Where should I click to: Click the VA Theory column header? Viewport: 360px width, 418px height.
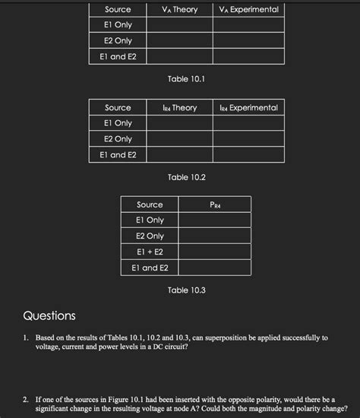[x=179, y=10]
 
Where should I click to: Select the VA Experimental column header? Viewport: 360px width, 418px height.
[x=248, y=10]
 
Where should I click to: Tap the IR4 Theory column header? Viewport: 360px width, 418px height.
[x=179, y=108]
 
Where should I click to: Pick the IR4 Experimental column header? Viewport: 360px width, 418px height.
[x=248, y=108]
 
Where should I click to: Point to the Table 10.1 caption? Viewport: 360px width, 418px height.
[x=187, y=79]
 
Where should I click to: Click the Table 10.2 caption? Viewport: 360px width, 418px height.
[x=187, y=177]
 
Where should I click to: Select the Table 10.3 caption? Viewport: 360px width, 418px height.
[x=187, y=290]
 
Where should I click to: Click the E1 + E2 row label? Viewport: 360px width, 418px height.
[x=150, y=252]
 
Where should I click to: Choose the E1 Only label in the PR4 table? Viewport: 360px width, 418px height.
[x=150, y=220]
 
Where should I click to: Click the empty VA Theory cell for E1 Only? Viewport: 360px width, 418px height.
[x=179, y=25]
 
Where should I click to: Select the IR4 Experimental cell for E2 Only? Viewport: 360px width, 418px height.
[x=248, y=139]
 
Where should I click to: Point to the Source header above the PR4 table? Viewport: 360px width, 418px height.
[x=150, y=205]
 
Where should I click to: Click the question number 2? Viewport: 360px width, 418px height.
[x=26, y=397]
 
